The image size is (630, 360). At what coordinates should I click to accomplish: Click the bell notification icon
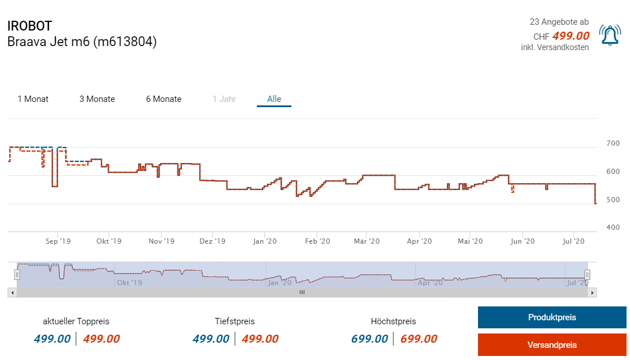pyautogui.click(x=610, y=35)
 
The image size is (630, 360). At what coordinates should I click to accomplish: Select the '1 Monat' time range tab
pyautogui.click(x=33, y=99)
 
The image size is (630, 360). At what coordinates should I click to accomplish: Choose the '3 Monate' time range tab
pyautogui.click(x=97, y=99)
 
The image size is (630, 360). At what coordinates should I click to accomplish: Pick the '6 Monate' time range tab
pyautogui.click(x=164, y=99)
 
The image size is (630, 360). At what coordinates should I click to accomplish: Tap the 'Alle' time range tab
pyautogui.click(x=274, y=99)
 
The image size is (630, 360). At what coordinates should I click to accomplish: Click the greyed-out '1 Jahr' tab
pyautogui.click(x=224, y=99)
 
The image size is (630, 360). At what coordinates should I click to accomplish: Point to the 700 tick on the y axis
pyautogui.click(x=613, y=143)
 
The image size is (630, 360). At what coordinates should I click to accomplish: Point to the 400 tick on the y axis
pyautogui.click(x=613, y=228)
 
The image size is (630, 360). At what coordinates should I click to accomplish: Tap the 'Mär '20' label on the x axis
pyautogui.click(x=367, y=241)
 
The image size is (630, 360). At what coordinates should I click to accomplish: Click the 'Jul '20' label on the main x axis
pyautogui.click(x=573, y=241)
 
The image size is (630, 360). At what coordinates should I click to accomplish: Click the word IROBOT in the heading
pyautogui.click(x=29, y=26)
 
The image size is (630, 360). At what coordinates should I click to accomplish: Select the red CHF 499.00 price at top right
pyautogui.click(x=571, y=36)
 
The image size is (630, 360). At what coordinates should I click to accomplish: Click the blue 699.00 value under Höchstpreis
pyautogui.click(x=369, y=339)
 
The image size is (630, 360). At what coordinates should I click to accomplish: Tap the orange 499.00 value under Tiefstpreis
pyautogui.click(x=260, y=339)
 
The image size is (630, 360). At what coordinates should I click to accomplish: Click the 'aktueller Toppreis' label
pyautogui.click(x=76, y=321)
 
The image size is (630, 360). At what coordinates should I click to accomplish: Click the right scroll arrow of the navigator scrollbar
pyautogui.click(x=593, y=293)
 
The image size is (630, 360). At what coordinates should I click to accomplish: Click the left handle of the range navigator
pyautogui.click(x=17, y=275)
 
